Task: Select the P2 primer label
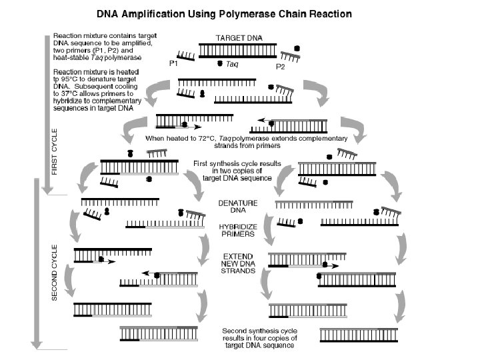[281, 67]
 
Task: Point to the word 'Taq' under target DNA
[232, 65]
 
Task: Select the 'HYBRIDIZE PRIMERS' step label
[237, 231]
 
